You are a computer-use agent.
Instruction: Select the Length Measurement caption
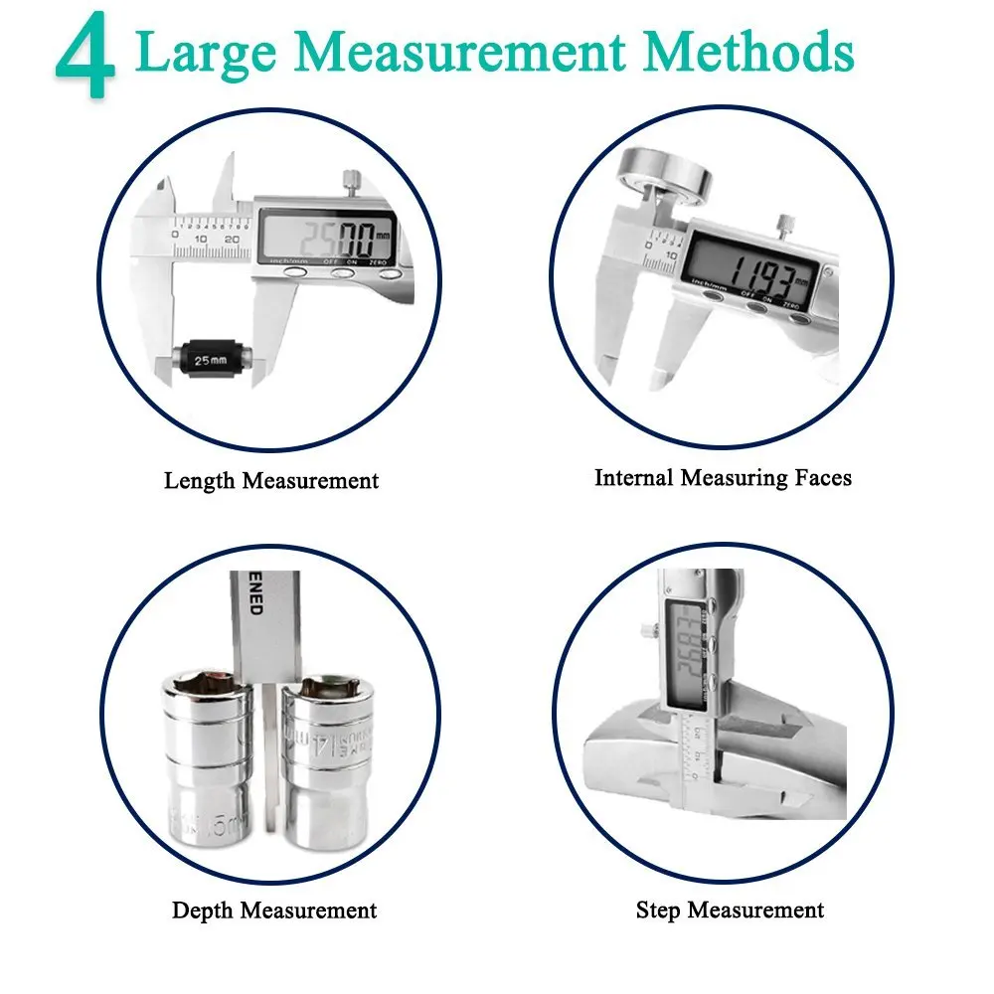click(271, 481)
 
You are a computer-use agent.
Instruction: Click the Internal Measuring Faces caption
click(723, 478)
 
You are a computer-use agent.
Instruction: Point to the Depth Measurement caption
click(274, 911)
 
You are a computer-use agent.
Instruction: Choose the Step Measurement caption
click(730, 910)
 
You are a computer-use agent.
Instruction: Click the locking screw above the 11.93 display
click(785, 223)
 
